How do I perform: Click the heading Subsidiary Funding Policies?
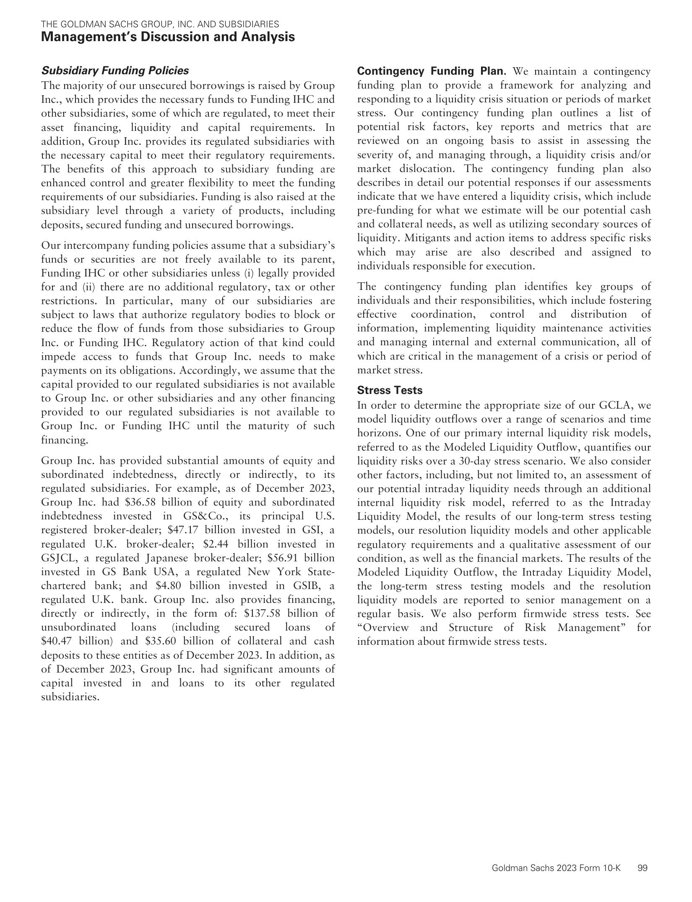pos(115,70)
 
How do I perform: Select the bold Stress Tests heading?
pos(390,390)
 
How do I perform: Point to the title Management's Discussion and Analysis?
pos(168,37)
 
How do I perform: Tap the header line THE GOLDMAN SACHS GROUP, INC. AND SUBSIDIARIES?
pos(160,24)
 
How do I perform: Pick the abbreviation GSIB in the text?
pos(295,586)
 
